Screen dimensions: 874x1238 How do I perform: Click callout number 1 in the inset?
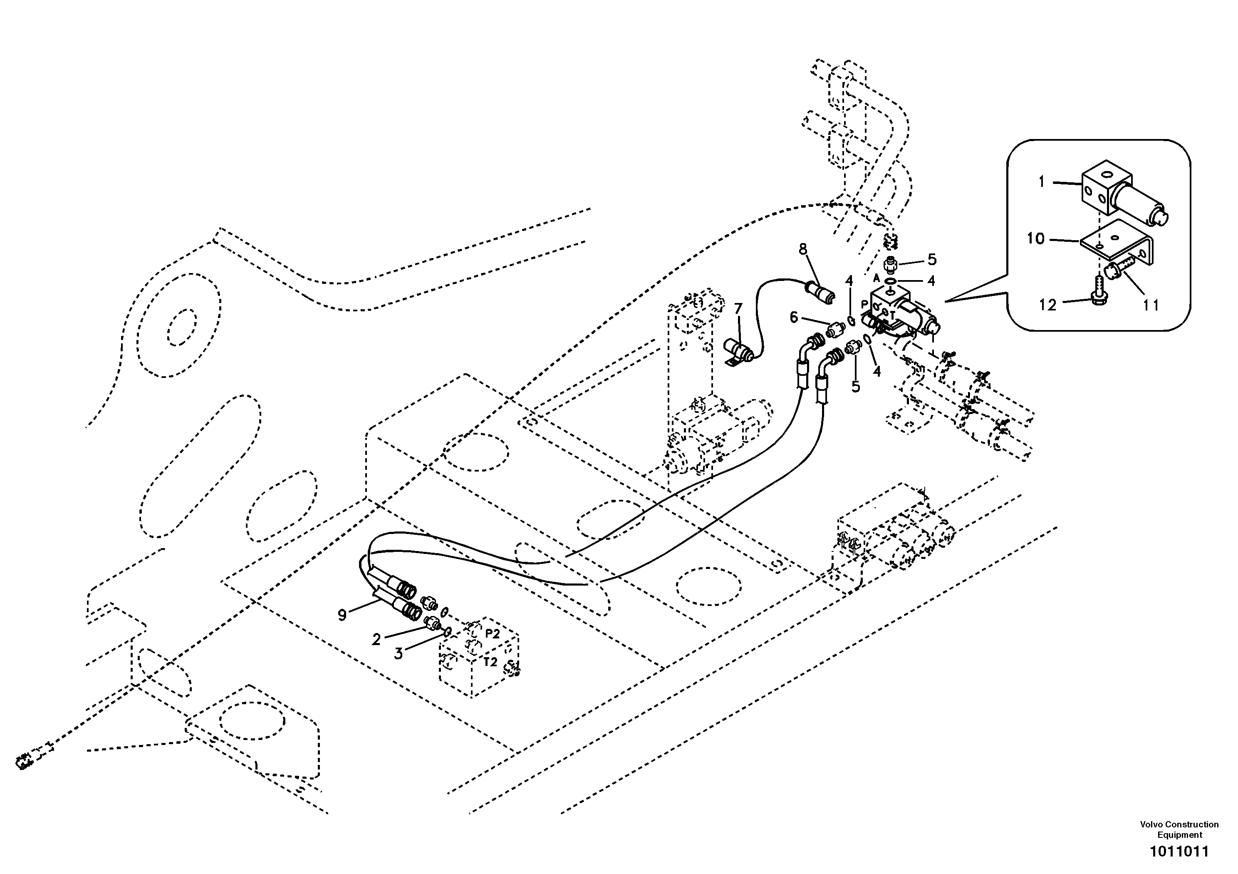tap(1041, 182)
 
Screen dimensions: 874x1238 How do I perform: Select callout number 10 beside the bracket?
tap(1035, 238)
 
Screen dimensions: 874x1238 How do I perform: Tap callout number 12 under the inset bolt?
tap(1047, 305)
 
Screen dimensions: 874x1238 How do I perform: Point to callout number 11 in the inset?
tap(1151, 305)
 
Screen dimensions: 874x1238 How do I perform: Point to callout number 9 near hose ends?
tap(342, 615)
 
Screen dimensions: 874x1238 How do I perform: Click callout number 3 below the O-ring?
tap(398, 654)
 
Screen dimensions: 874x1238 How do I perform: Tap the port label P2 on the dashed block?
tap(492, 634)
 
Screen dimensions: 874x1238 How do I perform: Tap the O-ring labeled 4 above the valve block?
tap(891, 282)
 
